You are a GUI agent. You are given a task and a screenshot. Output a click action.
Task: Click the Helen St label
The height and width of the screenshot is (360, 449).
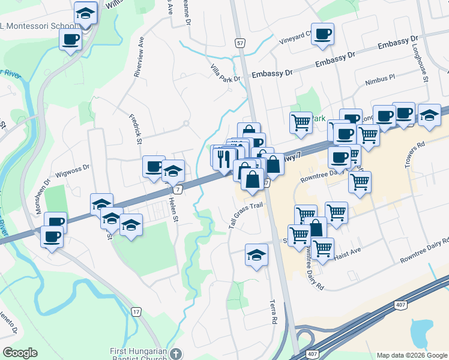coord(174,210)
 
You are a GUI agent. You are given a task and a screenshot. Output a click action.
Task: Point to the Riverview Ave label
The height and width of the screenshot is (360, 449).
coord(139,57)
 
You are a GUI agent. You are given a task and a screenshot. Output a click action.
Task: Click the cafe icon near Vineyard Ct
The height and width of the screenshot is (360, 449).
coord(322,34)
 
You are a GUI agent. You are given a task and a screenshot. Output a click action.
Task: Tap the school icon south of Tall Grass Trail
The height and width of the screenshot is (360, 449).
coord(256,254)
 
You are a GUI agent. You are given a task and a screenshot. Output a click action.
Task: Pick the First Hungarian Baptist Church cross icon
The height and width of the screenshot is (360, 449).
coord(175,353)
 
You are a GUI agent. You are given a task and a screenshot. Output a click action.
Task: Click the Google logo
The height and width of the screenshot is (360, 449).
coord(20,353)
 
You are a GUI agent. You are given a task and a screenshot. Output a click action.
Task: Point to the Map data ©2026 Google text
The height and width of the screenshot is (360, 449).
coord(412,355)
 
